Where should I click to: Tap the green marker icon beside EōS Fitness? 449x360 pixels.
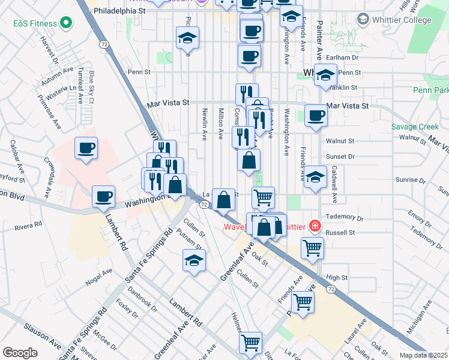tap(66, 24)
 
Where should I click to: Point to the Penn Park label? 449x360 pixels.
tap(431, 91)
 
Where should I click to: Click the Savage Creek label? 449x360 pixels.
tap(415, 127)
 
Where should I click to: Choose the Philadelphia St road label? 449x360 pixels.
tap(120, 11)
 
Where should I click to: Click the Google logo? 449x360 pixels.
tap(20, 353)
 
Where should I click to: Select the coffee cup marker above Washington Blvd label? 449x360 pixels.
tap(104, 196)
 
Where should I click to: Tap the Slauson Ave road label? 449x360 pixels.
tap(41, 336)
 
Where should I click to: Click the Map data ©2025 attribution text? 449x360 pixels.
tap(423, 355)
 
